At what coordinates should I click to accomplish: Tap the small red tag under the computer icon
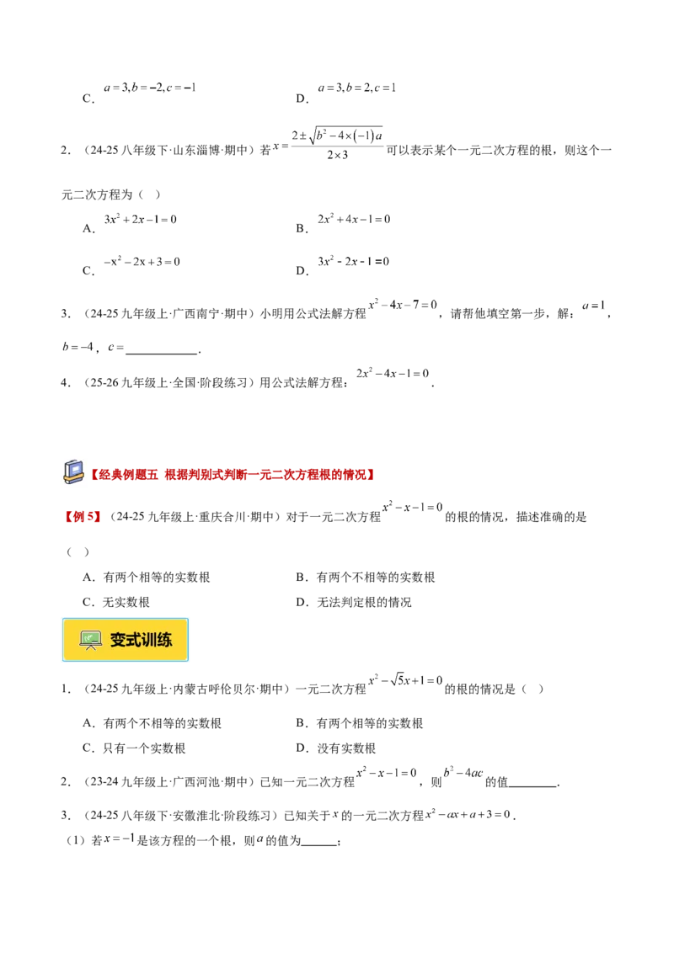(x=82, y=517)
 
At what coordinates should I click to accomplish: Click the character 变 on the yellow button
(x=120, y=640)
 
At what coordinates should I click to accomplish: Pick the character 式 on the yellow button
(x=137, y=640)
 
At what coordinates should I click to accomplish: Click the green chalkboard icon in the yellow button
(x=90, y=638)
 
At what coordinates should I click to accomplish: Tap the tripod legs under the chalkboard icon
(x=90, y=647)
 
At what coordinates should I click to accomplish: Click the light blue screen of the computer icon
(x=72, y=468)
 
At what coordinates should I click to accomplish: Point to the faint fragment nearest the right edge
(x=594, y=305)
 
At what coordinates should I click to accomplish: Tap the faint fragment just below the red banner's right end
(x=413, y=505)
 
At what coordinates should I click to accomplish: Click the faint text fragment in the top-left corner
(x=148, y=88)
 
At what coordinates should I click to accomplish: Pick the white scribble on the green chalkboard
(x=90, y=637)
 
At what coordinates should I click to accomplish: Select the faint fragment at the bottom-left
(x=118, y=841)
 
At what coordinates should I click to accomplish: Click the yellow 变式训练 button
(x=125, y=640)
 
